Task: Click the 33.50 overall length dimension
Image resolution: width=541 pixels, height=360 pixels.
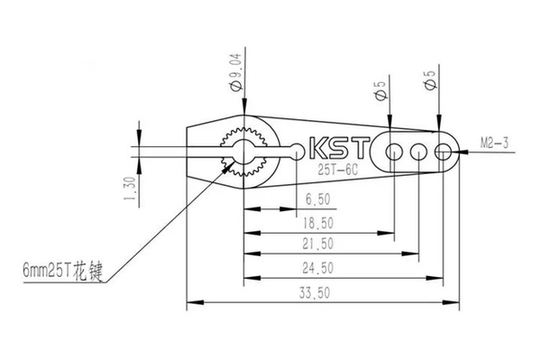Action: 315,293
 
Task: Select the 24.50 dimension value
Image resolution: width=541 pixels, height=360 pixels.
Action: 317,268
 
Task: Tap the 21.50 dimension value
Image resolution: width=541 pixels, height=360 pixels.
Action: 317,244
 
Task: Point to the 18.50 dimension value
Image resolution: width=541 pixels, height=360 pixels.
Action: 317,224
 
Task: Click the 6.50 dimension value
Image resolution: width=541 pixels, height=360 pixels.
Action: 317,199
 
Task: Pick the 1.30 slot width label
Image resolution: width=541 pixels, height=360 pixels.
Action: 130,189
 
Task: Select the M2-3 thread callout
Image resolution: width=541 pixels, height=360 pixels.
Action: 494,143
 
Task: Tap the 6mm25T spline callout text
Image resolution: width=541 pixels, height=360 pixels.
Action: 63,270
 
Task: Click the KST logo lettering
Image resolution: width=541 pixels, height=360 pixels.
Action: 340,148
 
